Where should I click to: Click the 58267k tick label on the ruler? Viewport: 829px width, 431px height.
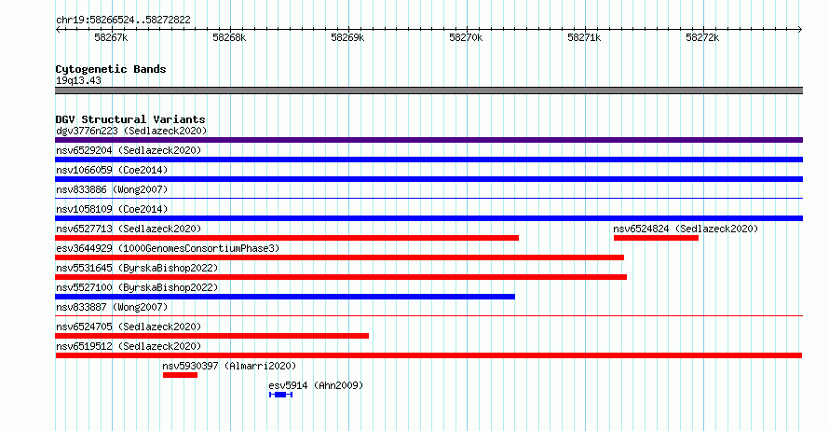tap(111, 37)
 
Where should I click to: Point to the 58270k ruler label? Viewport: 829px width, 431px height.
tap(466, 37)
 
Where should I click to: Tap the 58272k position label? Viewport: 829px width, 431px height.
tap(702, 37)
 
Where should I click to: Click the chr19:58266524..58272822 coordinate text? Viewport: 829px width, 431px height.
tap(123, 21)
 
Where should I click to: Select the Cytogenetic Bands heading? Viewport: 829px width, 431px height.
tap(111, 69)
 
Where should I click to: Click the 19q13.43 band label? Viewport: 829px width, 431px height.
tap(78, 80)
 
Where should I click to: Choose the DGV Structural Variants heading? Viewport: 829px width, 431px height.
tap(130, 119)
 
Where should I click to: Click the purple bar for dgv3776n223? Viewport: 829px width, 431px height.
tap(428, 140)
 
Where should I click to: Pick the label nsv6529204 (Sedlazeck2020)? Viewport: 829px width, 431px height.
tap(129, 150)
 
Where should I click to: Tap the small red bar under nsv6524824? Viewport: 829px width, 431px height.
tap(656, 238)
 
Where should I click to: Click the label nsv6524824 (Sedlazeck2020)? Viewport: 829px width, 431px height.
tap(686, 229)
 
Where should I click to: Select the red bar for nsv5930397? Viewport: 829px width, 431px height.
tap(181, 375)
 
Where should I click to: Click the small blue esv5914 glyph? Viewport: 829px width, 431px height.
tap(280, 395)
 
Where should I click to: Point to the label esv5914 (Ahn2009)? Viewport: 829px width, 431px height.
tap(316, 385)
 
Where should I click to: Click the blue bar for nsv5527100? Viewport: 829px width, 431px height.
tap(285, 297)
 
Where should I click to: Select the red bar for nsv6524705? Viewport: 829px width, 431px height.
tap(212, 336)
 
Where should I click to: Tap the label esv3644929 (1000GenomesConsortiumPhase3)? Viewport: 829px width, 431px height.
tap(168, 248)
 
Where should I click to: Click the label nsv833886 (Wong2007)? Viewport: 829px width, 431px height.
tap(112, 189)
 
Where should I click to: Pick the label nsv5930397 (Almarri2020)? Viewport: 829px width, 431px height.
tap(229, 366)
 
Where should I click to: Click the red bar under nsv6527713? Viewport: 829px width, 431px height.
tap(287, 238)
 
